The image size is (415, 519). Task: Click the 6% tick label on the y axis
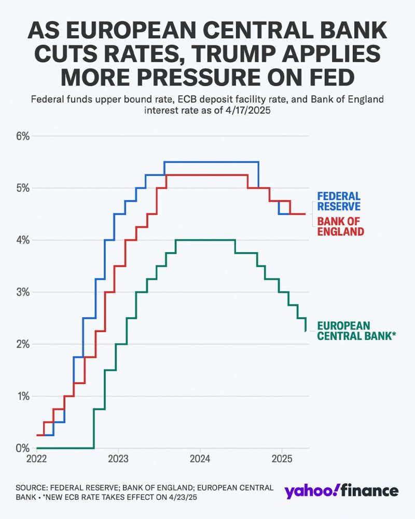(23, 136)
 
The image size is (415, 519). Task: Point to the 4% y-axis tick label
(23, 240)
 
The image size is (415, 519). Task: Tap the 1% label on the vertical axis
(23, 397)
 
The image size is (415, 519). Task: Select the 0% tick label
(23, 448)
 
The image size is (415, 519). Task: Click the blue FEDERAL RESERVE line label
(339, 202)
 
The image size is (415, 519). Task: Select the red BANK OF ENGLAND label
(341, 226)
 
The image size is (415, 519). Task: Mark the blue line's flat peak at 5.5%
(211, 162)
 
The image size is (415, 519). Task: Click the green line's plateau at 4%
(205, 240)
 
